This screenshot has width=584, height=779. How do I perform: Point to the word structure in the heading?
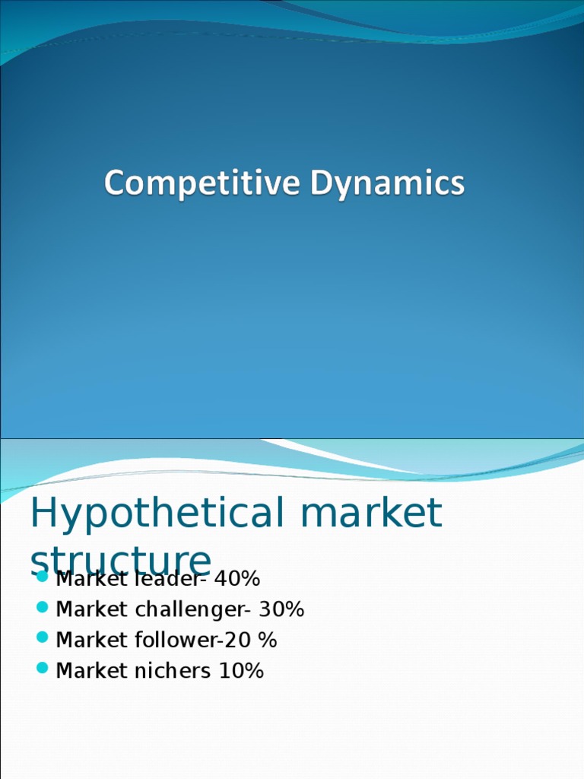coord(120,561)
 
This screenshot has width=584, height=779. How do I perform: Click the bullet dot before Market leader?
coord(43,578)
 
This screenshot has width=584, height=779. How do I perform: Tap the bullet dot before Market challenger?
coord(43,609)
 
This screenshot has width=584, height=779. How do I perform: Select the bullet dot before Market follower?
coord(43,639)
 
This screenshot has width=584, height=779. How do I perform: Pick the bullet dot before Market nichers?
coord(43,669)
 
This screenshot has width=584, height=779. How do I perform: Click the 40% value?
coord(237,579)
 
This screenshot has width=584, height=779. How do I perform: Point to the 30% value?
coord(281,609)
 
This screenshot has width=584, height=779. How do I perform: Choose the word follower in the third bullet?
coord(179,640)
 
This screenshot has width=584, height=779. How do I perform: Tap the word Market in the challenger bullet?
coord(85,609)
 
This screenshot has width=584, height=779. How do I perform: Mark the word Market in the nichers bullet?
coord(85,670)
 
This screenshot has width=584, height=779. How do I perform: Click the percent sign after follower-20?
coord(268,640)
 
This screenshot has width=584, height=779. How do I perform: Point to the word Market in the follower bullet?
coord(85,640)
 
